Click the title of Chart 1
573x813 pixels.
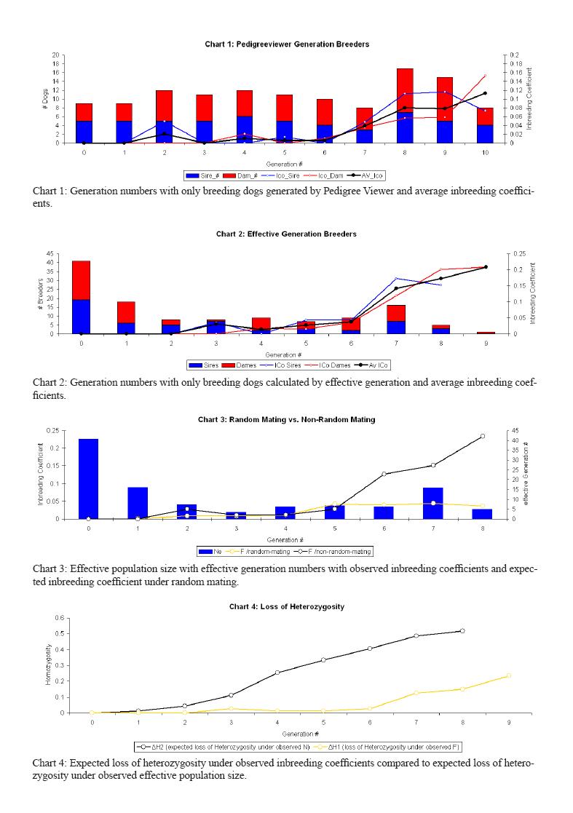287,44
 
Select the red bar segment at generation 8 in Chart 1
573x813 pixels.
405,91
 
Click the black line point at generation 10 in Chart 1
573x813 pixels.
485,93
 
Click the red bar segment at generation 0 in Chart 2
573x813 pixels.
81,280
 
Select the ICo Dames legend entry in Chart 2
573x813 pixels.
331,365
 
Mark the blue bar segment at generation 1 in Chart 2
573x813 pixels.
126,328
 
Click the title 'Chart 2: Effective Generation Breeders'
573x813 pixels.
286,234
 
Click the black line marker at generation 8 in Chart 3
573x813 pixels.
482,436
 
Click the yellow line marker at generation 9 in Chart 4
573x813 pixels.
509,676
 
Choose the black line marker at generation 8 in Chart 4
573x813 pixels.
462,631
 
